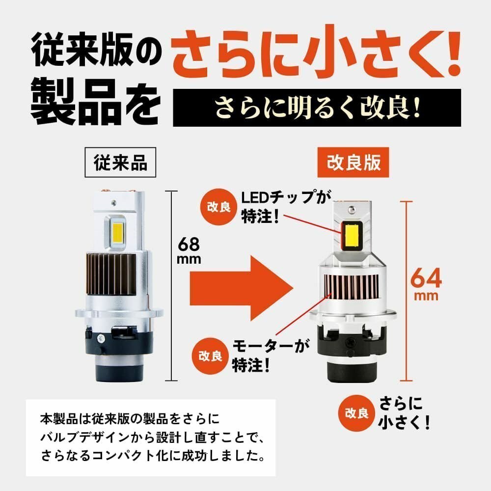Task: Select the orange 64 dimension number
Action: (426, 279)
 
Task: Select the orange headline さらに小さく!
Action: (318, 55)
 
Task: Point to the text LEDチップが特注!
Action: (282, 206)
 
